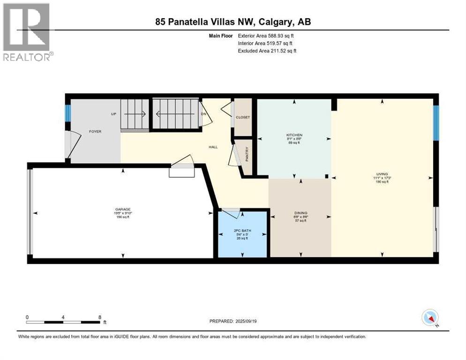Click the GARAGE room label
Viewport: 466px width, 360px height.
coord(123,210)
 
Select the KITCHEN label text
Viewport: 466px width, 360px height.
coord(294,135)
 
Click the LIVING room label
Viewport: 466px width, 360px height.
coord(382,174)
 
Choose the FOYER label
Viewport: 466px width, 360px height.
coord(95,131)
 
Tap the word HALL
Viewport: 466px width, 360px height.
coord(213,147)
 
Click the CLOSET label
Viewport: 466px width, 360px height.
coord(243,117)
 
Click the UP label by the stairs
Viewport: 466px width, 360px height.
coord(113,114)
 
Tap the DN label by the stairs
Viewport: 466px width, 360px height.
coord(203,114)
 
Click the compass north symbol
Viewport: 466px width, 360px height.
coord(429,318)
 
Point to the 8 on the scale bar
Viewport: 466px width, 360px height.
coord(100,317)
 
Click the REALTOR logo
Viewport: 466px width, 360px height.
coord(27,32)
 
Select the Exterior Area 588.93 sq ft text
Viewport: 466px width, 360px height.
coord(267,36)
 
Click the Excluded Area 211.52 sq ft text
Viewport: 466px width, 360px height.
coord(267,51)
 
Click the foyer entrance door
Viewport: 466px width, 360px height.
coord(69,145)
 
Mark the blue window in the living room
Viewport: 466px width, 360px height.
coord(436,123)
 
